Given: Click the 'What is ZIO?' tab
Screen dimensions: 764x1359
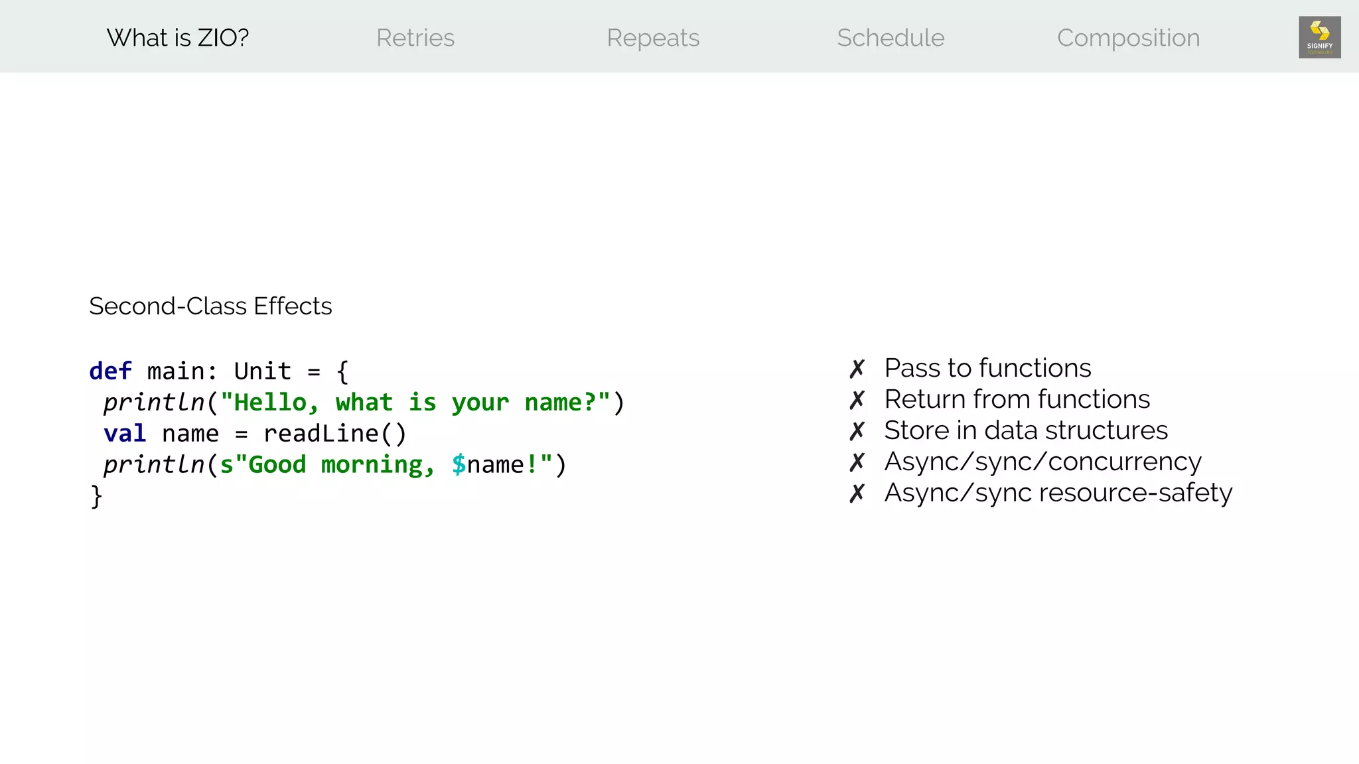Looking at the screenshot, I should coord(177,38).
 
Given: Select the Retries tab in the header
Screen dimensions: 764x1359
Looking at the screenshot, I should coord(415,38).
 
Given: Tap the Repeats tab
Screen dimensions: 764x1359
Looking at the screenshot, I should coord(653,38).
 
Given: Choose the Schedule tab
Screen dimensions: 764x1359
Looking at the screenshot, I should coord(891,38).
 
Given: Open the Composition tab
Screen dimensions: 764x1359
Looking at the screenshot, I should coord(1128,38).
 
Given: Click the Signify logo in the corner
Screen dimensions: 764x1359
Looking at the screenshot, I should coord(1319,37).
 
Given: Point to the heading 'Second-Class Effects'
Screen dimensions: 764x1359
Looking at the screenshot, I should coord(210,306).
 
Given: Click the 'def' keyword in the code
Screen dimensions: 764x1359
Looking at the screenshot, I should coord(110,371).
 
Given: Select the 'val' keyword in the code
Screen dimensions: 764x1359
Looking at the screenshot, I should coord(125,434).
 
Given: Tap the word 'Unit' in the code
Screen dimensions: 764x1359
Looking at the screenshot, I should coord(263,371).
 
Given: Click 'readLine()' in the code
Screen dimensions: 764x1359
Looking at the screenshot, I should coord(335,434).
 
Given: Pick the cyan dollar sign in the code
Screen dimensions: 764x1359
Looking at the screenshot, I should coord(459,464).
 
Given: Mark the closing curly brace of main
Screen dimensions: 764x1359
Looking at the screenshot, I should coord(96,496).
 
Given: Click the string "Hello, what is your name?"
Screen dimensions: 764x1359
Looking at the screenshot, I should coord(415,403).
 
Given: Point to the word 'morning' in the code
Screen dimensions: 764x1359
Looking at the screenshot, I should coord(378,464).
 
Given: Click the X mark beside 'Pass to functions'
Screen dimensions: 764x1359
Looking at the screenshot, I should coord(857,369).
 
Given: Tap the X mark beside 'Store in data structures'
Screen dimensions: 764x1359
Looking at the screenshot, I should coord(857,431).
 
